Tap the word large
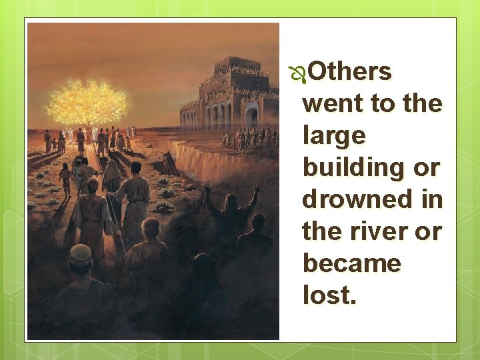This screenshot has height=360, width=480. pyautogui.click(x=334, y=136)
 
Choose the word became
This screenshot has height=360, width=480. pyautogui.click(x=351, y=263)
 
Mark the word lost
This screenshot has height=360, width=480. pyautogui.click(x=329, y=295)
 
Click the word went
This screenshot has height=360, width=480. pyautogui.click(x=331, y=104)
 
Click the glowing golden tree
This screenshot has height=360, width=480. pyautogui.click(x=86, y=103)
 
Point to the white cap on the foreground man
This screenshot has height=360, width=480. pyautogui.click(x=81, y=253)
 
